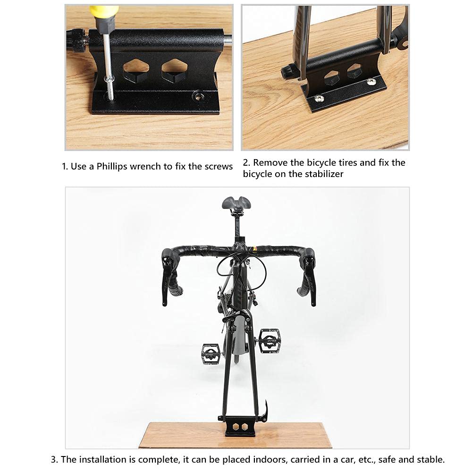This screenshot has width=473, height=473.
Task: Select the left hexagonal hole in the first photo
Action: click(136, 70)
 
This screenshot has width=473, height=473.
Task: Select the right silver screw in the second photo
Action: click(372, 82)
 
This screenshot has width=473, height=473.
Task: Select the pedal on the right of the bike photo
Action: click(269, 338)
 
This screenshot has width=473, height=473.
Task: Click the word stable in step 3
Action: click(431, 460)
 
